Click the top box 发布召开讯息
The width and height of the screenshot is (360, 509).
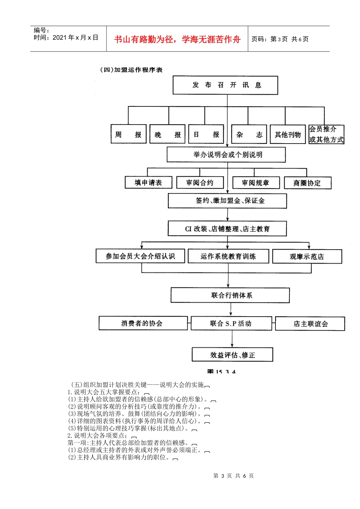pyautogui.click(x=225, y=85)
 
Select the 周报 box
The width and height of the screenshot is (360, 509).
pyautogui.click(x=128, y=134)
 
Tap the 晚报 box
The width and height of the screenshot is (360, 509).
pyautogui.click(x=167, y=134)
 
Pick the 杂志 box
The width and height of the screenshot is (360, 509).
pyautogui.click(x=249, y=134)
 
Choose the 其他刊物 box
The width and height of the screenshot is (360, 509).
pyautogui.click(x=288, y=134)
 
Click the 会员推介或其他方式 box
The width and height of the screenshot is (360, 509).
pyautogui.click(x=326, y=134)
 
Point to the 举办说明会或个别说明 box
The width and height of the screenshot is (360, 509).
pyautogui.click(x=226, y=155)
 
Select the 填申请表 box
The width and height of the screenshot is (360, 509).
pyautogui.click(x=149, y=183)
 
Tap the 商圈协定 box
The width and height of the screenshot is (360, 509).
pyautogui.click(x=307, y=183)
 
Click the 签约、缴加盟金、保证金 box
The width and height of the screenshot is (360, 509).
pyautogui.click(x=227, y=201)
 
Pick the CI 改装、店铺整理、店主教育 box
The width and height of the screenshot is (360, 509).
pyautogui.click(x=227, y=229)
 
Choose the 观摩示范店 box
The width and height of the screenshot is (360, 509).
pyautogui.click(x=307, y=256)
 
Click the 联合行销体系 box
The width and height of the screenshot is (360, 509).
pyautogui.click(x=230, y=295)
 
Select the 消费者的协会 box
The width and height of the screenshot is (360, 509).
pyautogui.click(x=143, y=323)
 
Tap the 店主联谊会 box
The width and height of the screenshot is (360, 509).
pyautogui.click(x=310, y=324)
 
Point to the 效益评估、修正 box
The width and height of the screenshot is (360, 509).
pyautogui.click(x=232, y=355)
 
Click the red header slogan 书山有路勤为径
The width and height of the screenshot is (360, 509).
pyautogui.click(x=177, y=39)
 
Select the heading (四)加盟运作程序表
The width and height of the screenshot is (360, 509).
pyautogui.click(x=131, y=70)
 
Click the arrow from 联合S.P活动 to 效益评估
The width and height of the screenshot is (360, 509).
pyautogui.click(x=232, y=339)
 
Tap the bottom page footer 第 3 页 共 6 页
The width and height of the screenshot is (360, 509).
pyautogui.click(x=233, y=476)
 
